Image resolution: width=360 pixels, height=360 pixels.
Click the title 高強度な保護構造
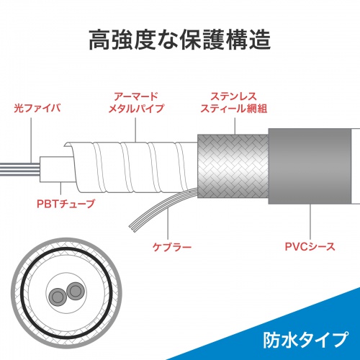click(180, 40)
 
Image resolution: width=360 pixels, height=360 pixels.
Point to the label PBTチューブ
click(64, 204)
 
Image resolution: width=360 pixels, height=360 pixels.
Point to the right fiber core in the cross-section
click(73, 291)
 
